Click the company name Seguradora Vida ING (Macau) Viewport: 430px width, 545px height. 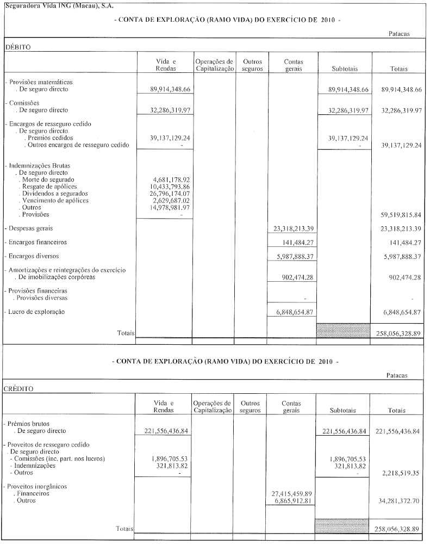coord(52,5)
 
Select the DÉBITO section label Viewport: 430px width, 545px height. coord(18,47)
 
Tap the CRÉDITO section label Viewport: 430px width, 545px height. coord(20,389)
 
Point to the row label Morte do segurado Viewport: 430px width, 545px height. coord(48,179)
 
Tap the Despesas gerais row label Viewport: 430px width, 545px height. coord(30,228)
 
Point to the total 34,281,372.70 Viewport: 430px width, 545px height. coord(399,501)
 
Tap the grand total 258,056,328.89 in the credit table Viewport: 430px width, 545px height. coord(399,529)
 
